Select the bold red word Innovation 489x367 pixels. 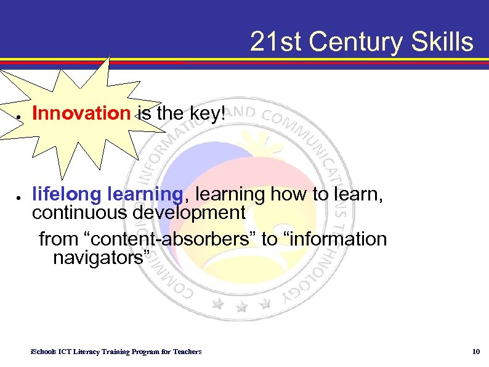pos(81,113)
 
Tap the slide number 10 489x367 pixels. pos(475,352)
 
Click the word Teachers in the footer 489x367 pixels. pos(187,352)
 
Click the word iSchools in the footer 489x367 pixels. pos(42,352)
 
